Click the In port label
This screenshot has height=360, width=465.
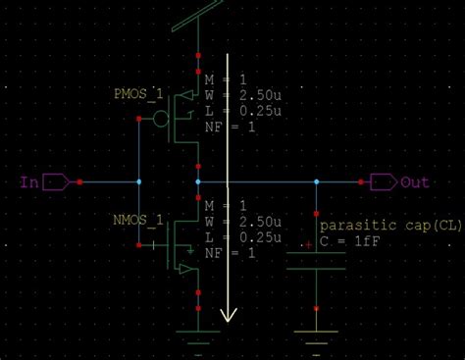click(28, 182)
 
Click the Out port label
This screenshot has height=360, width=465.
click(415, 182)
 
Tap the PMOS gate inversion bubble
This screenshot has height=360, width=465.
click(161, 119)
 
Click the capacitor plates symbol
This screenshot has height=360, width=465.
click(316, 260)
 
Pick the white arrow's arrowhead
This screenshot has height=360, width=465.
click(229, 315)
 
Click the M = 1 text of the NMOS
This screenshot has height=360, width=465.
click(224, 205)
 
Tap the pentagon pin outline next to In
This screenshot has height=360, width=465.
click(56, 182)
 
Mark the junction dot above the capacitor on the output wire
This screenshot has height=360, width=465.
click(316, 182)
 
